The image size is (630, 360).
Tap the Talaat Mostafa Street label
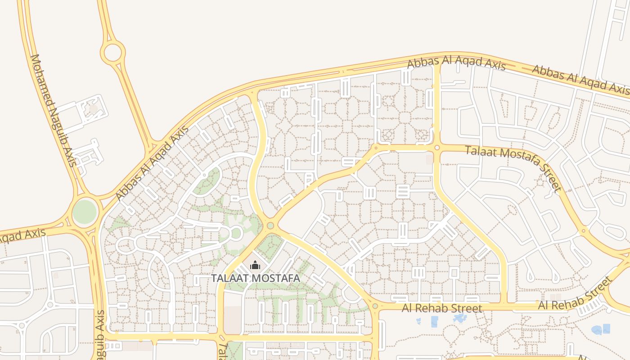513,168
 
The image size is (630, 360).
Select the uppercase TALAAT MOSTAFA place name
256,278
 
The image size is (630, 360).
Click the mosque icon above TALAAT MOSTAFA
255,265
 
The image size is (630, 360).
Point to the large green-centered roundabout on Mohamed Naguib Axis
85,212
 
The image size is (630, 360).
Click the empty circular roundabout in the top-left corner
112,53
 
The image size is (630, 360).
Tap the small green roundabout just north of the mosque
270,225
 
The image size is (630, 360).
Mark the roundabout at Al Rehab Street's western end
375,306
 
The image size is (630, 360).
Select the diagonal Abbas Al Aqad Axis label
152,163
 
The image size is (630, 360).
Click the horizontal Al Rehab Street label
442,308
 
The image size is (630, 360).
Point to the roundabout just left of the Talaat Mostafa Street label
436,147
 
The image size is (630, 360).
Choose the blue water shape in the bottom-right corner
601,330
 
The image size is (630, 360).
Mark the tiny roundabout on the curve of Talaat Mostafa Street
584,231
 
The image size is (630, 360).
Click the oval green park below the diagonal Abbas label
207,181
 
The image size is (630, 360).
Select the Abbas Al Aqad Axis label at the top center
456,63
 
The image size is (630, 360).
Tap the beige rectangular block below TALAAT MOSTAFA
233,320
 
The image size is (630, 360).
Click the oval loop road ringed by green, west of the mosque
235,234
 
